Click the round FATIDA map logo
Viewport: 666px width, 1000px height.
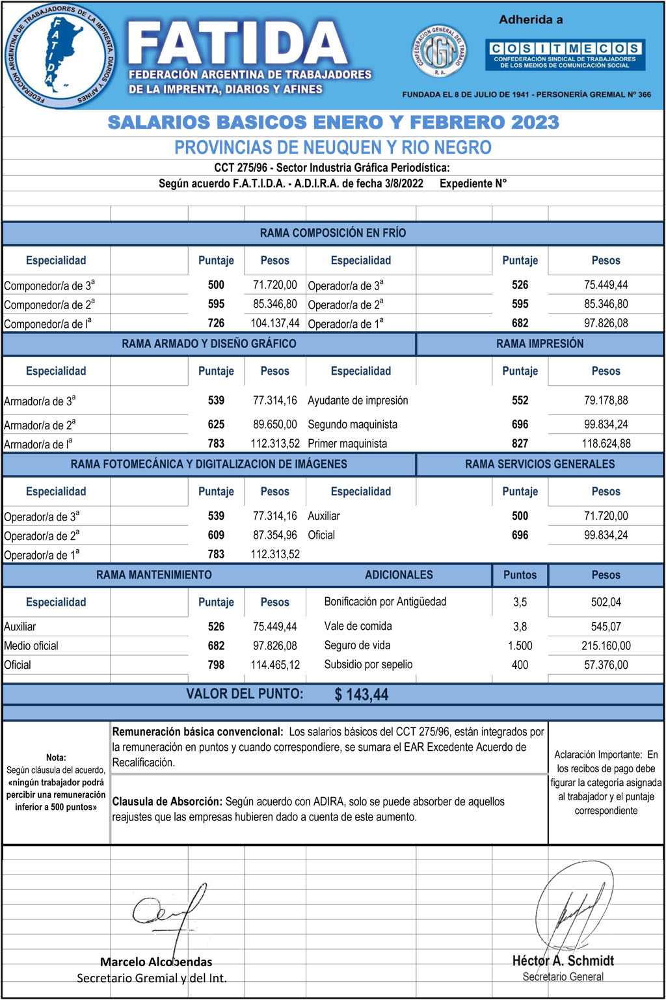pos(60,55)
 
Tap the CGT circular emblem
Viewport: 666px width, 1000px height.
pos(440,53)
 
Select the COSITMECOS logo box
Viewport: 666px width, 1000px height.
pos(564,55)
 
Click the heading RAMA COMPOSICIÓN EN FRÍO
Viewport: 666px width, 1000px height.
pos(332,233)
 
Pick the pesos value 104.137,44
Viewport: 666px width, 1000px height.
pos(275,323)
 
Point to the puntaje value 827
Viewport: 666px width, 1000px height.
pos(520,443)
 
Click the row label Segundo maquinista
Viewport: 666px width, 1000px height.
pos(353,424)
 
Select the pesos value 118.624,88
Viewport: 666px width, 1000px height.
pos(606,443)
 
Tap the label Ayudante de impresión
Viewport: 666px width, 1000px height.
pos(358,400)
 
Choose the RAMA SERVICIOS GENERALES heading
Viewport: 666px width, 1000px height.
pos(539,464)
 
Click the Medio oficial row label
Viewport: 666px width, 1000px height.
pos(31,645)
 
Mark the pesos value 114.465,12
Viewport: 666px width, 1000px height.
pos(275,665)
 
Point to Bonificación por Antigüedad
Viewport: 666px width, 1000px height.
pos(385,601)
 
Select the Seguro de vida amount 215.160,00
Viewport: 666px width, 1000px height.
pos(606,645)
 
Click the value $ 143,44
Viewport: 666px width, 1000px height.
pos(361,694)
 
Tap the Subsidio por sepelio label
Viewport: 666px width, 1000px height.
pos(368,664)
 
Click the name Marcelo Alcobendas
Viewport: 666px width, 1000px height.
pos(156,962)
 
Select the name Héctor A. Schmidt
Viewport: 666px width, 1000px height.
pos(563,960)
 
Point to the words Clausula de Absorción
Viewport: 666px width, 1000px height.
pos(167,802)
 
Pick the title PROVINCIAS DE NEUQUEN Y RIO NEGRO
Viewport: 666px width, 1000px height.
pos(332,147)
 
